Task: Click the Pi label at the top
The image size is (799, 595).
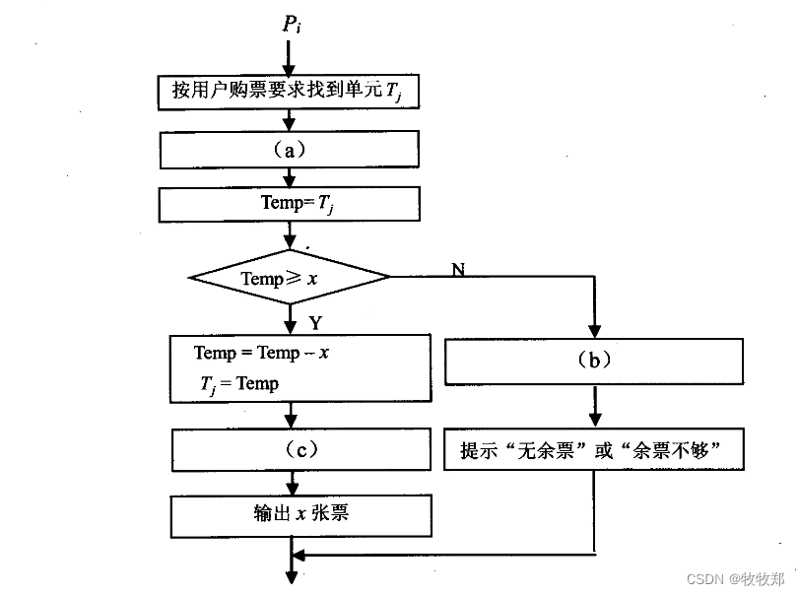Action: pos(291,24)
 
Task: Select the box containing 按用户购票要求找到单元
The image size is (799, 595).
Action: pos(289,93)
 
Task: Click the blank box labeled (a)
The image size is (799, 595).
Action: pos(289,150)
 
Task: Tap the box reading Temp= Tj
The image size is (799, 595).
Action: pos(289,205)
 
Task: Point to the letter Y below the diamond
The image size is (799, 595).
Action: pos(315,323)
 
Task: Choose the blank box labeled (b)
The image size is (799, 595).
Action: pos(594,360)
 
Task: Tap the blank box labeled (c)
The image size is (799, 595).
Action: pos(301,449)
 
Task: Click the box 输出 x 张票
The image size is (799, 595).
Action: pos(301,514)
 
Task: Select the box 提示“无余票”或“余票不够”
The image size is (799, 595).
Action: pos(594,451)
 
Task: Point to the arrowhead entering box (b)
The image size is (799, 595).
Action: pos(594,331)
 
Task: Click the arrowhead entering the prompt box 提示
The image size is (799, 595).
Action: pos(594,423)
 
